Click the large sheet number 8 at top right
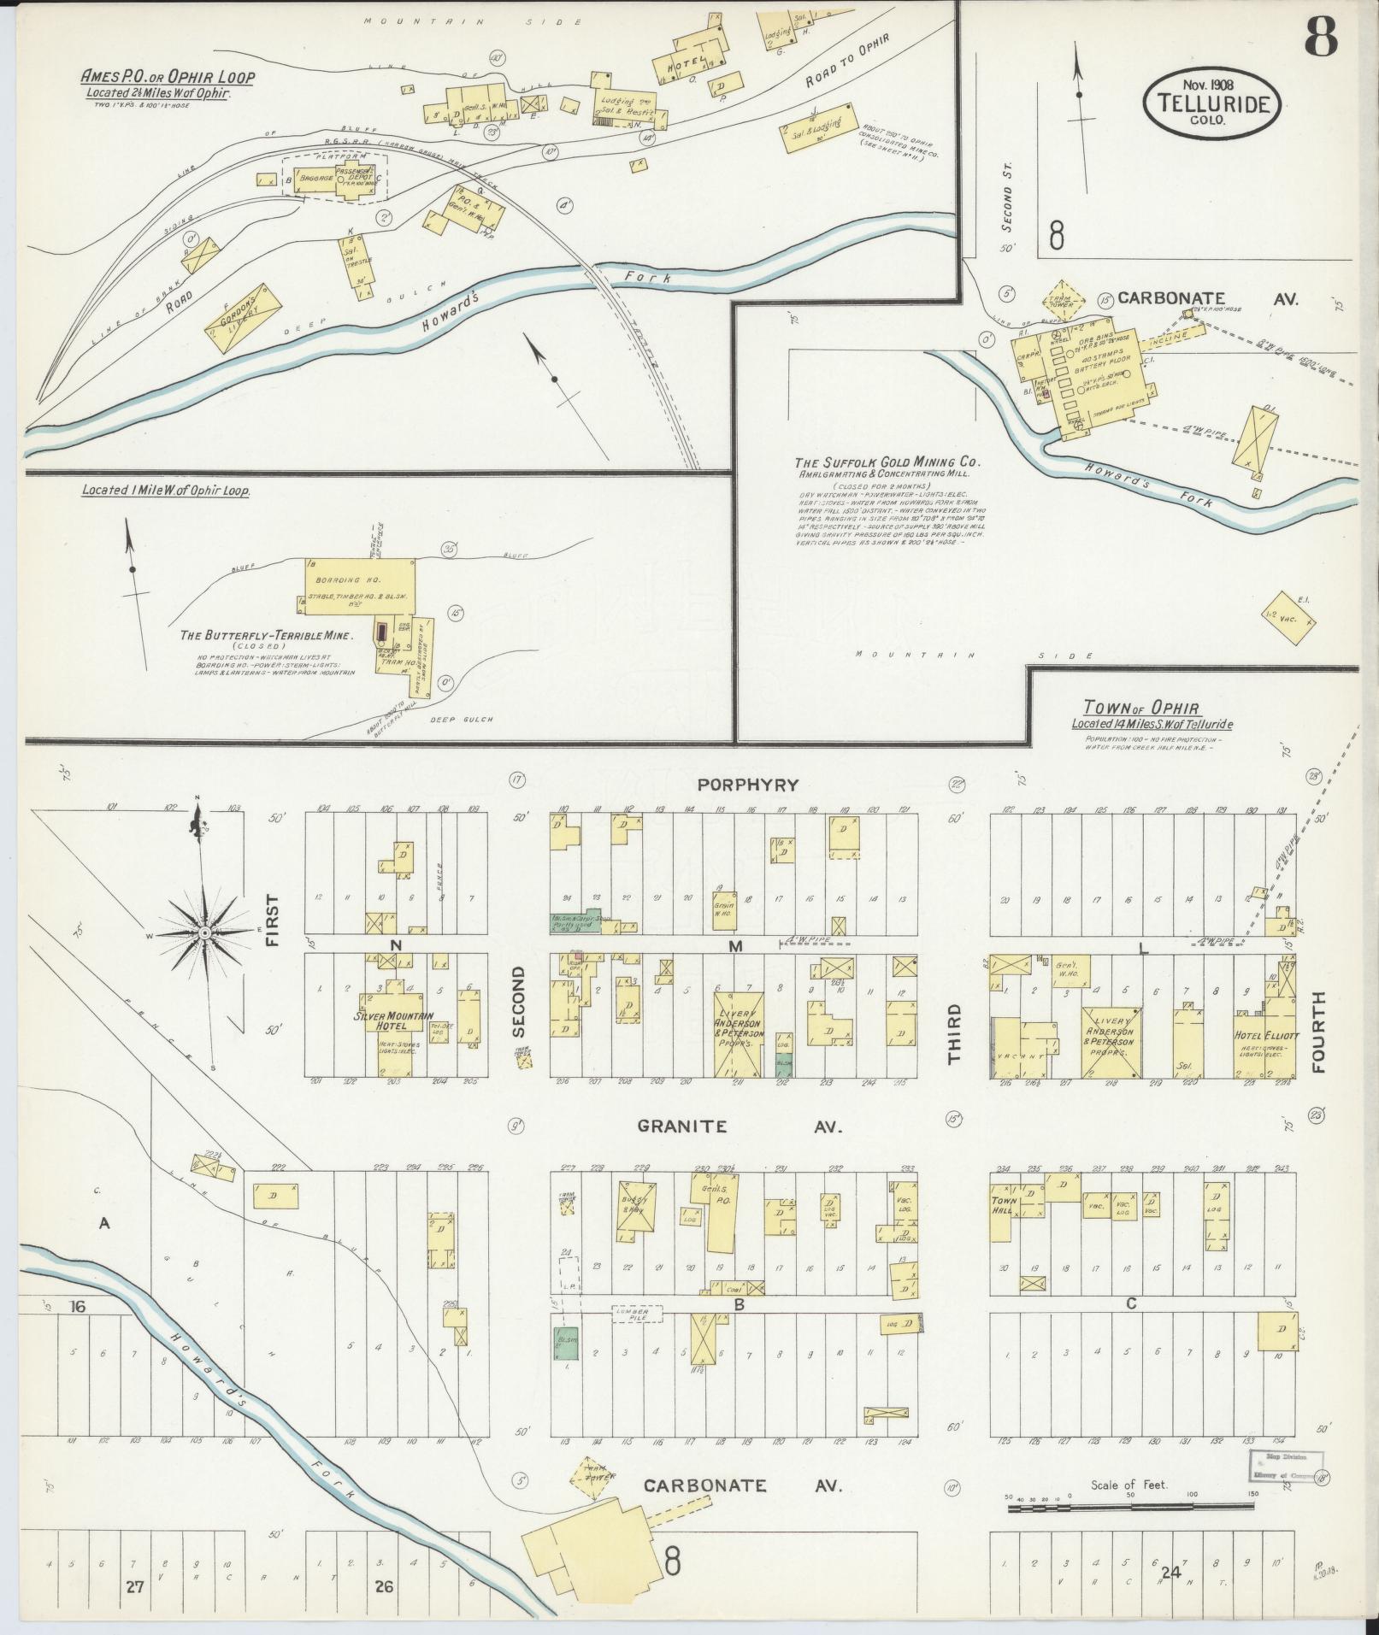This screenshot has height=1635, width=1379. pos(1321,38)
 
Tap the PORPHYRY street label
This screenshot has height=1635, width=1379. pos(747,785)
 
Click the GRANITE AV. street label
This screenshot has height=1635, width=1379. pos(740,1126)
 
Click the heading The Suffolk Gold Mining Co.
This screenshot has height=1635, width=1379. pos(887,464)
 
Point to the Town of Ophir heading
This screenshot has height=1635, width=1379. pos(1140,708)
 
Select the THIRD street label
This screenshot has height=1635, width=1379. pos(953,1033)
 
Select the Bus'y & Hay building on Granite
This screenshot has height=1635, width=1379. pos(634,1209)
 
